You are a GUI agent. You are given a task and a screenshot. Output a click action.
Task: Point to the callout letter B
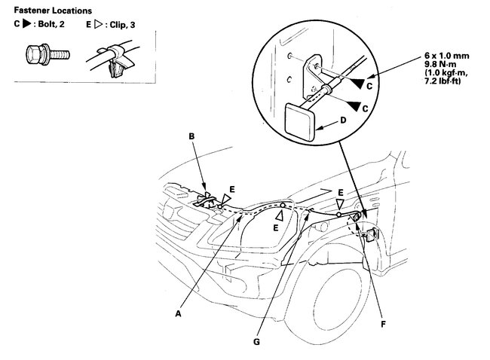(191, 136)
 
